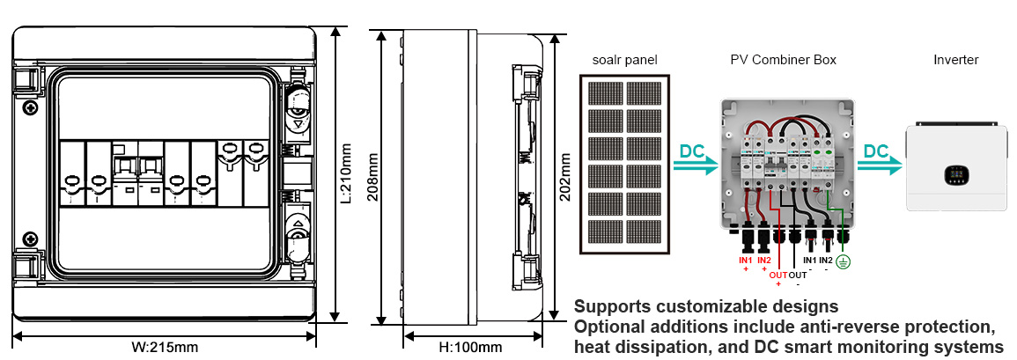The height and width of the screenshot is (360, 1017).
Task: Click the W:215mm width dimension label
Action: (165, 347)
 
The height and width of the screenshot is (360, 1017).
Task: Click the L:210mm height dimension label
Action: (348, 174)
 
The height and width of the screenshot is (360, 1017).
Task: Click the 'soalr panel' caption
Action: (624, 60)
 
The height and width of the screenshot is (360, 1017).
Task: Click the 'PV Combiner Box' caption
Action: (783, 60)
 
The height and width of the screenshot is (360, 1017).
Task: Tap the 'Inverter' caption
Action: (955, 60)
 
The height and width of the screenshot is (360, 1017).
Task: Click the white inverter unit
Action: (955, 166)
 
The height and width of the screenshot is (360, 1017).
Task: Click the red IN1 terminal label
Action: (746, 261)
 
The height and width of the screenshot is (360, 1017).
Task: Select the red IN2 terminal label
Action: (763, 261)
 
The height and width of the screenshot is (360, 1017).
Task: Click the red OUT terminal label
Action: (777, 276)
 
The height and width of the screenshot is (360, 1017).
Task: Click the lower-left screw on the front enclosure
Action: (31, 238)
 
